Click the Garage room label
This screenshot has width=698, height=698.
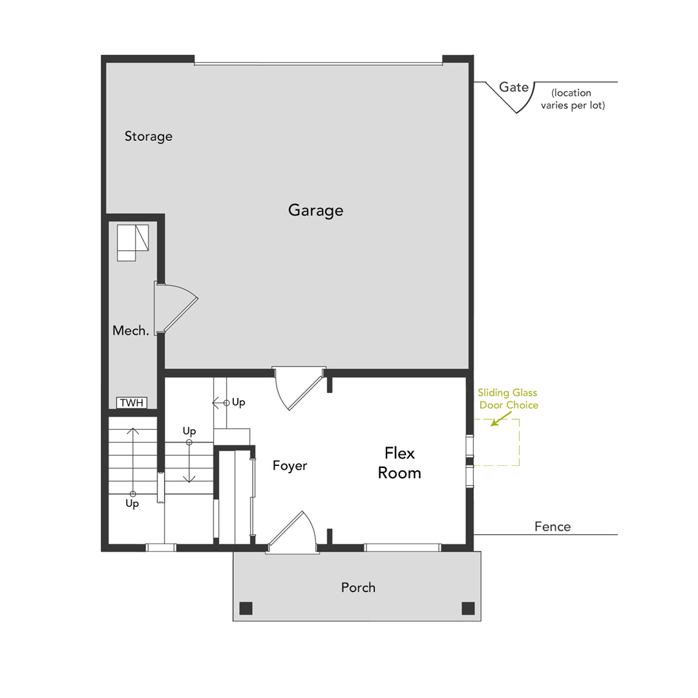pyautogui.click(x=315, y=210)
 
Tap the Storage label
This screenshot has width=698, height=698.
pyautogui.click(x=149, y=136)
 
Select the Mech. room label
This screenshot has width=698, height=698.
pyautogui.click(x=131, y=330)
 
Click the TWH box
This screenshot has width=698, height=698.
pyautogui.click(x=132, y=403)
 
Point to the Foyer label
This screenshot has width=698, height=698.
pyautogui.click(x=290, y=465)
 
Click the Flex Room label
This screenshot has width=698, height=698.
pyautogui.click(x=399, y=463)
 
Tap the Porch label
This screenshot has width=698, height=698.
pyautogui.click(x=358, y=587)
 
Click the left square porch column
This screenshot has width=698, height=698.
pyautogui.click(x=246, y=608)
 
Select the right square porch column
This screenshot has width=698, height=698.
pyautogui.click(x=468, y=608)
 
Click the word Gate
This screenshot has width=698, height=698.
pyautogui.click(x=514, y=87)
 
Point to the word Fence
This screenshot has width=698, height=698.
pyautogui.click(x=553, y=527)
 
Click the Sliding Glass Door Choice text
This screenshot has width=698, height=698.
pyautogui.click(x=508, y=399)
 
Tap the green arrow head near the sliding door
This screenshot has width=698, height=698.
pyautogui.click(x=493, y=424)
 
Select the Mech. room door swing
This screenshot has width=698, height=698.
pyautogui.click(x=178, y=307)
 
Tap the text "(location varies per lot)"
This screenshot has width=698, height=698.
pyautogui.click(x=573, y=99)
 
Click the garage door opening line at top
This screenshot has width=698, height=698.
pyautogui.click(x=318, y=63)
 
